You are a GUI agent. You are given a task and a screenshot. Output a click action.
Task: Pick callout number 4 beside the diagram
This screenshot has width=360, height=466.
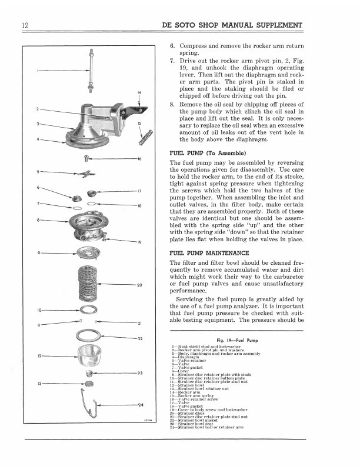pos(36,139)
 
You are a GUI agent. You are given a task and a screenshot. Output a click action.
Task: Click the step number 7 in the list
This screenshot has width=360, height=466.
pos(172,60)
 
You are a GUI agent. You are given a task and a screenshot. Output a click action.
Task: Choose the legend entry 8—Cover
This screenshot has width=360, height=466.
pos(182,371)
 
